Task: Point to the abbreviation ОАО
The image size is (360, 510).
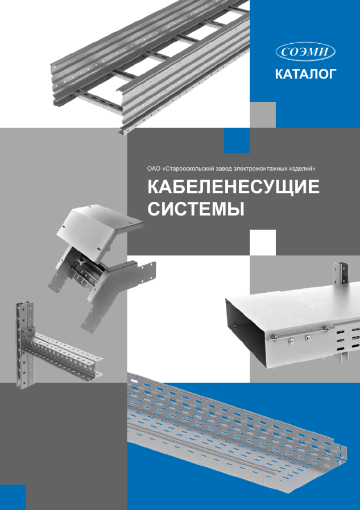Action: (x=155, y=169)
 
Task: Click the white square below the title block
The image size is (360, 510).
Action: (x=263, y=242)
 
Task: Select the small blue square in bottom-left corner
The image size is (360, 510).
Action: (x=13, y=496)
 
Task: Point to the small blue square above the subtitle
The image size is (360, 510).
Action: (x=236, y=140)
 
